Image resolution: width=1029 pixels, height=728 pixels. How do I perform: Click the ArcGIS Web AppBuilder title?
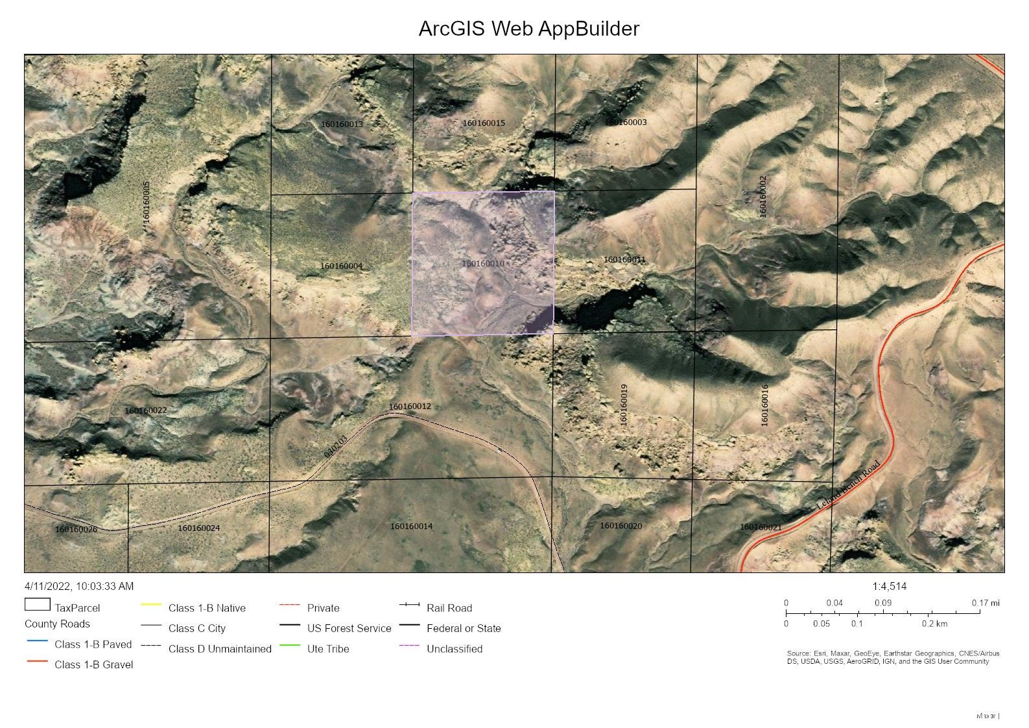(528, 29)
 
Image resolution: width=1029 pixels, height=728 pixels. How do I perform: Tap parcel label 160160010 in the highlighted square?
(483, 264)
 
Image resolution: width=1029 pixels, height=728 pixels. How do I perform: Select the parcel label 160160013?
(342, 124)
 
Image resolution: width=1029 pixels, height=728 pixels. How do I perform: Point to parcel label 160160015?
(484, 123)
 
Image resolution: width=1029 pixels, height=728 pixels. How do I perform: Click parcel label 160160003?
(626, 123)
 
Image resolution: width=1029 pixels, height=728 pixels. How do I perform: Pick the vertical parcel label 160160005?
(147, 202)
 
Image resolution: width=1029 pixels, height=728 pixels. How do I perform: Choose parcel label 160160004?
(341, 266)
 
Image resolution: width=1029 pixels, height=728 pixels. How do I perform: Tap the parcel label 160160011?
(624, 260)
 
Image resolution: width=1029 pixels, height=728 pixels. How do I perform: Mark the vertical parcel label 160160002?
(763, 196)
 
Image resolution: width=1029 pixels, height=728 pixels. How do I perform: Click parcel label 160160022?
(146, 410)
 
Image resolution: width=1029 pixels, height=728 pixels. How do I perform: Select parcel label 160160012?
(410, 406)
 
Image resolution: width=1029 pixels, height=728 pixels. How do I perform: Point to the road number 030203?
(336, 446)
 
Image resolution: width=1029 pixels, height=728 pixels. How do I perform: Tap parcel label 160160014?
(411, 526)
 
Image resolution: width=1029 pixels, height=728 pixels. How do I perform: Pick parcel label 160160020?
(621, 526)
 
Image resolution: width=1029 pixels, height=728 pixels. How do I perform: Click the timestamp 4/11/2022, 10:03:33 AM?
(79, 587)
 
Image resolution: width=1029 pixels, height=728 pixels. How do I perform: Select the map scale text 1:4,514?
(889, 587)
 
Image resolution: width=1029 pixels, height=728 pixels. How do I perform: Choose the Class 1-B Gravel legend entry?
(93, 664)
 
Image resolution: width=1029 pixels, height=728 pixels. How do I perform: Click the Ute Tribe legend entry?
(327, 649)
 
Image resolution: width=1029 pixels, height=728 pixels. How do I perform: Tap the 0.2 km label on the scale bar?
(934, 624)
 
